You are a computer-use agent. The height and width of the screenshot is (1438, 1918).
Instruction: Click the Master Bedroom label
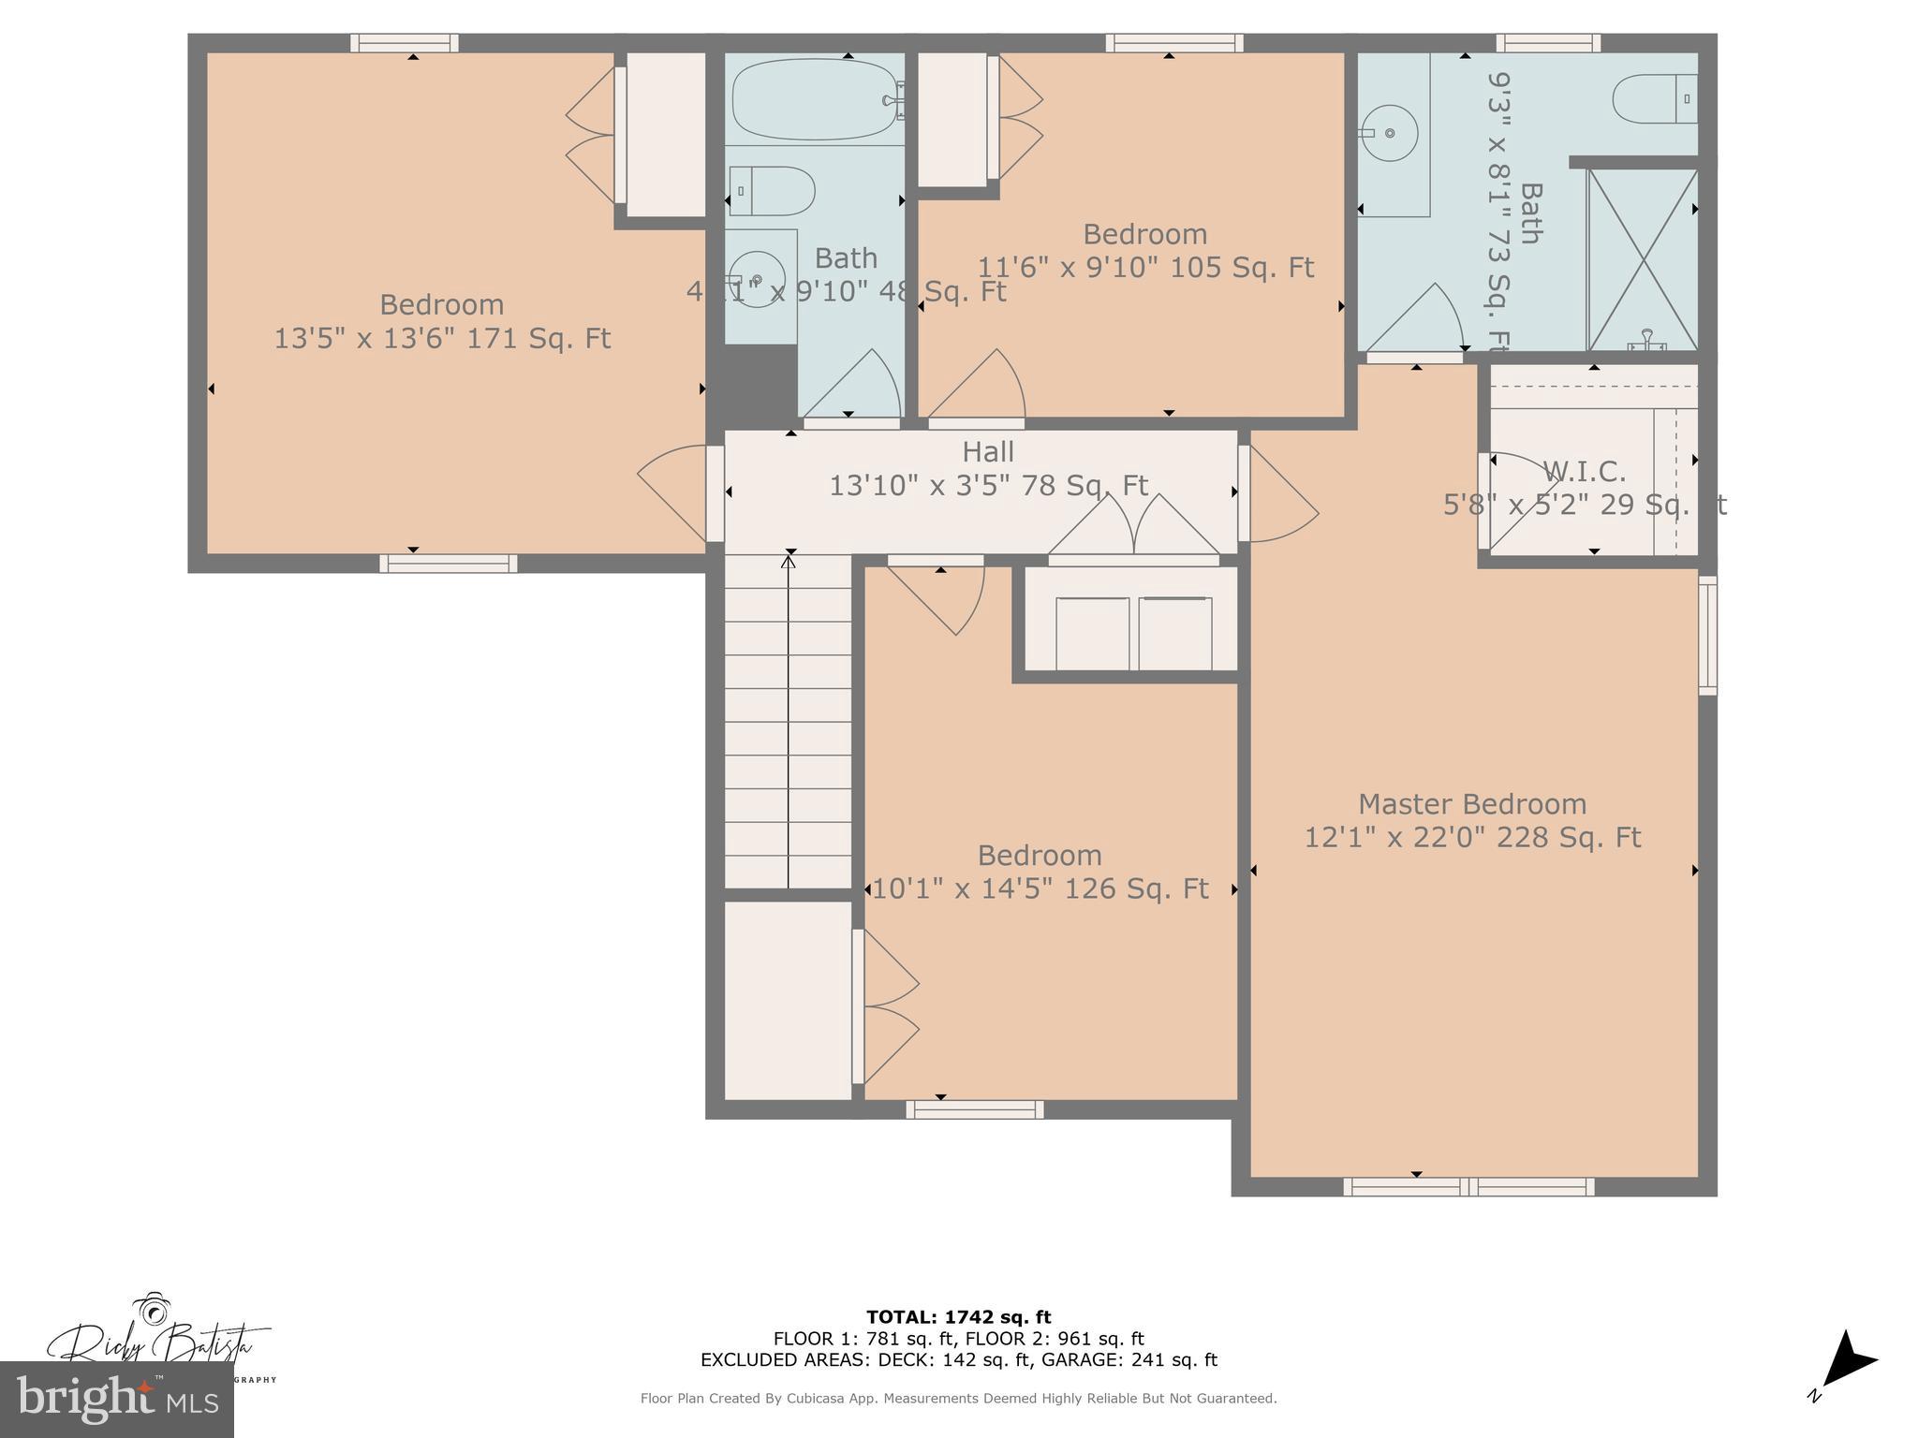(x=1471, y=804)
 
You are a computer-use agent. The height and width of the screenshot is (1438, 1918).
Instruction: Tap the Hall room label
(x=988, y=452)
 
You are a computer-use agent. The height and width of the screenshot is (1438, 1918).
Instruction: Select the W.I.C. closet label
(x=1584, y=471)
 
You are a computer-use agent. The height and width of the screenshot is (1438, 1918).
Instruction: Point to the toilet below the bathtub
(x=772, y=191)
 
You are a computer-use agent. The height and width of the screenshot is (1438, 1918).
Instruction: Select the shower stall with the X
(x=1643, y=259)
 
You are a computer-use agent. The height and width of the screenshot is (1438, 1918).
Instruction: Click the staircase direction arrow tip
(x=789, y=561)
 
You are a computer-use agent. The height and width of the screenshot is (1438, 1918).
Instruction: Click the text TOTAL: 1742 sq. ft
(x=958, y=1317)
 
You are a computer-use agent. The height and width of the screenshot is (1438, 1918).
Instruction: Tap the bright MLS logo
(x=117, y=1399)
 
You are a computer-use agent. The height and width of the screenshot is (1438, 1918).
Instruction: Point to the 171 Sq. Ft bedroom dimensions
(x=441, y=339)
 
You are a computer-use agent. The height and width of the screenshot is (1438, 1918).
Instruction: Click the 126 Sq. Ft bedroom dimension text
(x=1040, y=888)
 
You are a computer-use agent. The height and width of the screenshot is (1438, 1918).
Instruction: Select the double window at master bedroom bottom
(x=1468, y=1186)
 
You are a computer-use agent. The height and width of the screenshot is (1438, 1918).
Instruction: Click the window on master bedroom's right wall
(x=1707, y=635)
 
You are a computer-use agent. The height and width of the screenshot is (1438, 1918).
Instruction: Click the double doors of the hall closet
(x=1133, y=528)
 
